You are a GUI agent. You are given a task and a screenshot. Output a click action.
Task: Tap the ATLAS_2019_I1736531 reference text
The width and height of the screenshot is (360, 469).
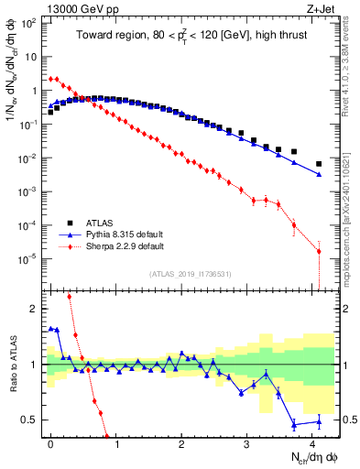182,275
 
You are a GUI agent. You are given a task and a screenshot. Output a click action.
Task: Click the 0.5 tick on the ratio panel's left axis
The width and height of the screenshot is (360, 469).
34,420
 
